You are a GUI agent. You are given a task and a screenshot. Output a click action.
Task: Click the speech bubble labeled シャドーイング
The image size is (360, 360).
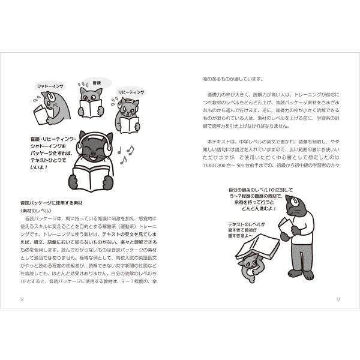point(50,86)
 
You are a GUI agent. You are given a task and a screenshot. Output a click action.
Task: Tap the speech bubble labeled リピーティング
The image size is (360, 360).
point(131,92)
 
